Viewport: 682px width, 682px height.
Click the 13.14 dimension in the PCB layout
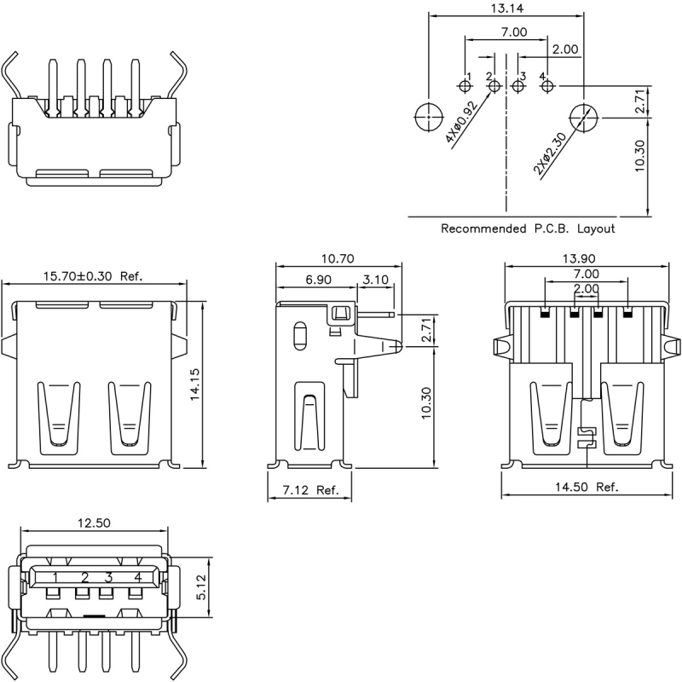[507, 9]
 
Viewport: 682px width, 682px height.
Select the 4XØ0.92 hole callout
[461, 122]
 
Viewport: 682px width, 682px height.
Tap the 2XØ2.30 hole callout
[551, 153]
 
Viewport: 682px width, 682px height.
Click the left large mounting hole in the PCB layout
[429, 118]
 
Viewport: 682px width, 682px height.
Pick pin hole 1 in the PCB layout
[465, 86]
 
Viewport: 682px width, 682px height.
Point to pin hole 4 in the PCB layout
[546, 86]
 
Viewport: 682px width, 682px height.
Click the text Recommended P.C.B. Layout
[528, 228]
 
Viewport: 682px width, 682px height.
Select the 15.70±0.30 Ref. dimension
[93, 276]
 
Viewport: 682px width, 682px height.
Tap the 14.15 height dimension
[194, 384]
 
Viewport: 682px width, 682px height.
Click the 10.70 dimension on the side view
[338, 259]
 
